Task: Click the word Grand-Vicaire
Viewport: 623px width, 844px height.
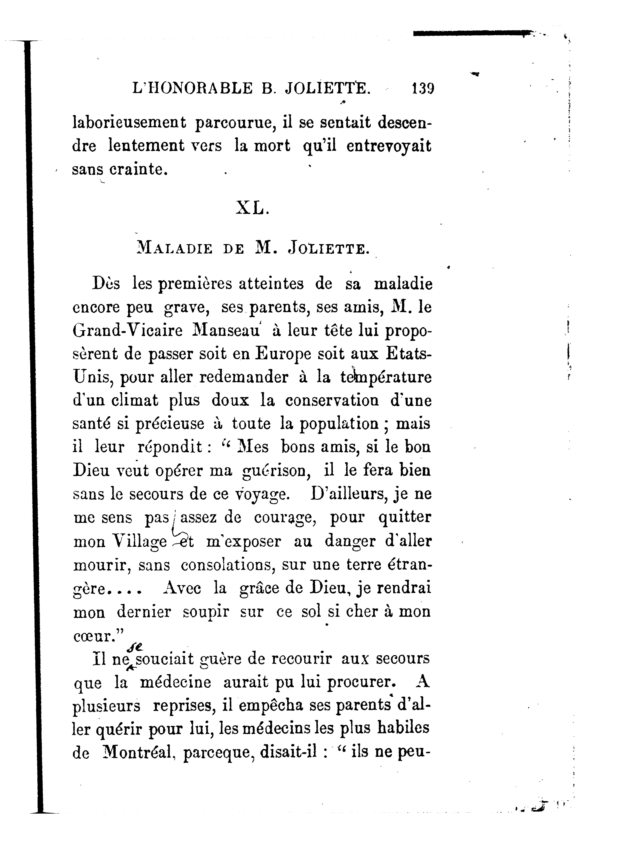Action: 127,331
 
